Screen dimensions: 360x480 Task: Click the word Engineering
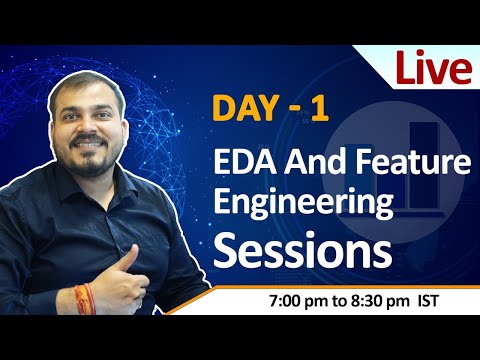click(305, 202)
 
